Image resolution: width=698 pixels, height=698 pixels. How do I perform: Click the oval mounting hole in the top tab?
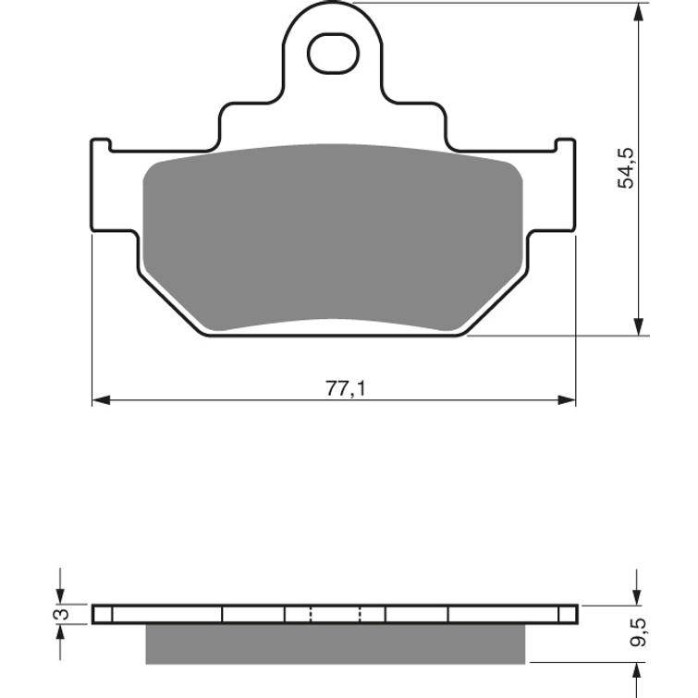click(x=331, y=55)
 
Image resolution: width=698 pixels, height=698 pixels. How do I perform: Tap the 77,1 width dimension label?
click(x=345, y=389)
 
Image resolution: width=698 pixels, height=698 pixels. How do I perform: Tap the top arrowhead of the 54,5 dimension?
click(x=638, y=13)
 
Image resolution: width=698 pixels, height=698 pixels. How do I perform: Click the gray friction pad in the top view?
click(x=333, y=236)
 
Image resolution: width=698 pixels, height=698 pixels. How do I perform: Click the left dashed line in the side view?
click(x=311, y=614)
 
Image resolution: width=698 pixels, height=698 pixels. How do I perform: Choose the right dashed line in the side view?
click(x=360, y=614)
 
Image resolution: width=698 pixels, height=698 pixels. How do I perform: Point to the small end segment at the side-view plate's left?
click(x=102, y=614)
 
